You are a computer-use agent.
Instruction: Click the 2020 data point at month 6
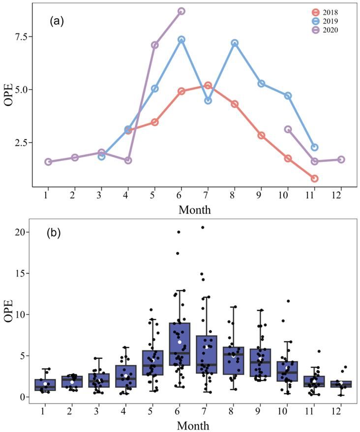(x=181, y=11)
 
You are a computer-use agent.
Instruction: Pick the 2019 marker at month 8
(x=235, y=43)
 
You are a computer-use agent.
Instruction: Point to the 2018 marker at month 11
(x=314, y=178)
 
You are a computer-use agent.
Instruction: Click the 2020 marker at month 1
(x=48, y=162)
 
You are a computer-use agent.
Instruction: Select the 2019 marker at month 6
(x=181, y=39)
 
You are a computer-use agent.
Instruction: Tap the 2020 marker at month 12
(x=341, y=159)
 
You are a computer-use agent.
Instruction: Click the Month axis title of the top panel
(x=194, y=210)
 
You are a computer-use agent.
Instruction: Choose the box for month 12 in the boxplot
(x=340, y=384)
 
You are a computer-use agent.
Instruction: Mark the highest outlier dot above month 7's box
(x=203, y=227)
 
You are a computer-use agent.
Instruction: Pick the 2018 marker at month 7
(x=208, y=86)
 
